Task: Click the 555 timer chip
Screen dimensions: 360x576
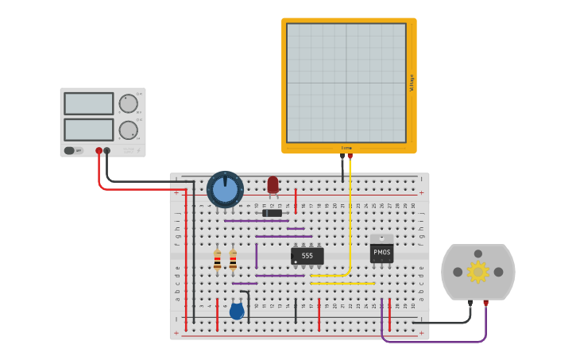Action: click(x=307, y=256)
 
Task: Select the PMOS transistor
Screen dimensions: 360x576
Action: click(x=381, y=253)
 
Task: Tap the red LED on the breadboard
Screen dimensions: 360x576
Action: click(x=273, y=184)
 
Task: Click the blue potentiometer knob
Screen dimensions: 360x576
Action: click(x=225, y=190)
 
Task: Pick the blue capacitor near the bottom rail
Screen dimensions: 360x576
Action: click(x=237, y=311)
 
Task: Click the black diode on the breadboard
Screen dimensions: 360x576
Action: click(x=272, y=213)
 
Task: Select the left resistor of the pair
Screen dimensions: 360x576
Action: click(x=217, y=259)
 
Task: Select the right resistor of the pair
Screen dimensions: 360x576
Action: click(x=233, y=259)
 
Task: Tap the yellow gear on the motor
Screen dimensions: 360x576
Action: click(x=477, y=272)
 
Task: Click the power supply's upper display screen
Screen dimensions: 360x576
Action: click(x=89, y=103)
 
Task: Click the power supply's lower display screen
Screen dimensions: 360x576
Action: click(x=89, y=130)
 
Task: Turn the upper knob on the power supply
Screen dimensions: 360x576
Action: click(x=128, y=103)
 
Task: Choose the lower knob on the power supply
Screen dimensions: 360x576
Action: click(x=128, y=130)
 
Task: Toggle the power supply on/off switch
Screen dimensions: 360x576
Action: click(x=70, y=150)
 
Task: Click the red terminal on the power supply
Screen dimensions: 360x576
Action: click(x=99, y=150)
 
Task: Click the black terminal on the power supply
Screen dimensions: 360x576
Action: click(x=107, y=150)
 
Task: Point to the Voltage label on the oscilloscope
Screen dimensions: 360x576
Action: click(x=412, y=83)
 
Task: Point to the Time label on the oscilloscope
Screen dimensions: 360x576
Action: click(x=346, y=148)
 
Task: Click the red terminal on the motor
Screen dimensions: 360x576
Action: click(x=485, y=303)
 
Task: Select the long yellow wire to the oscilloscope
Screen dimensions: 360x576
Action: click(x=350, y=223)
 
